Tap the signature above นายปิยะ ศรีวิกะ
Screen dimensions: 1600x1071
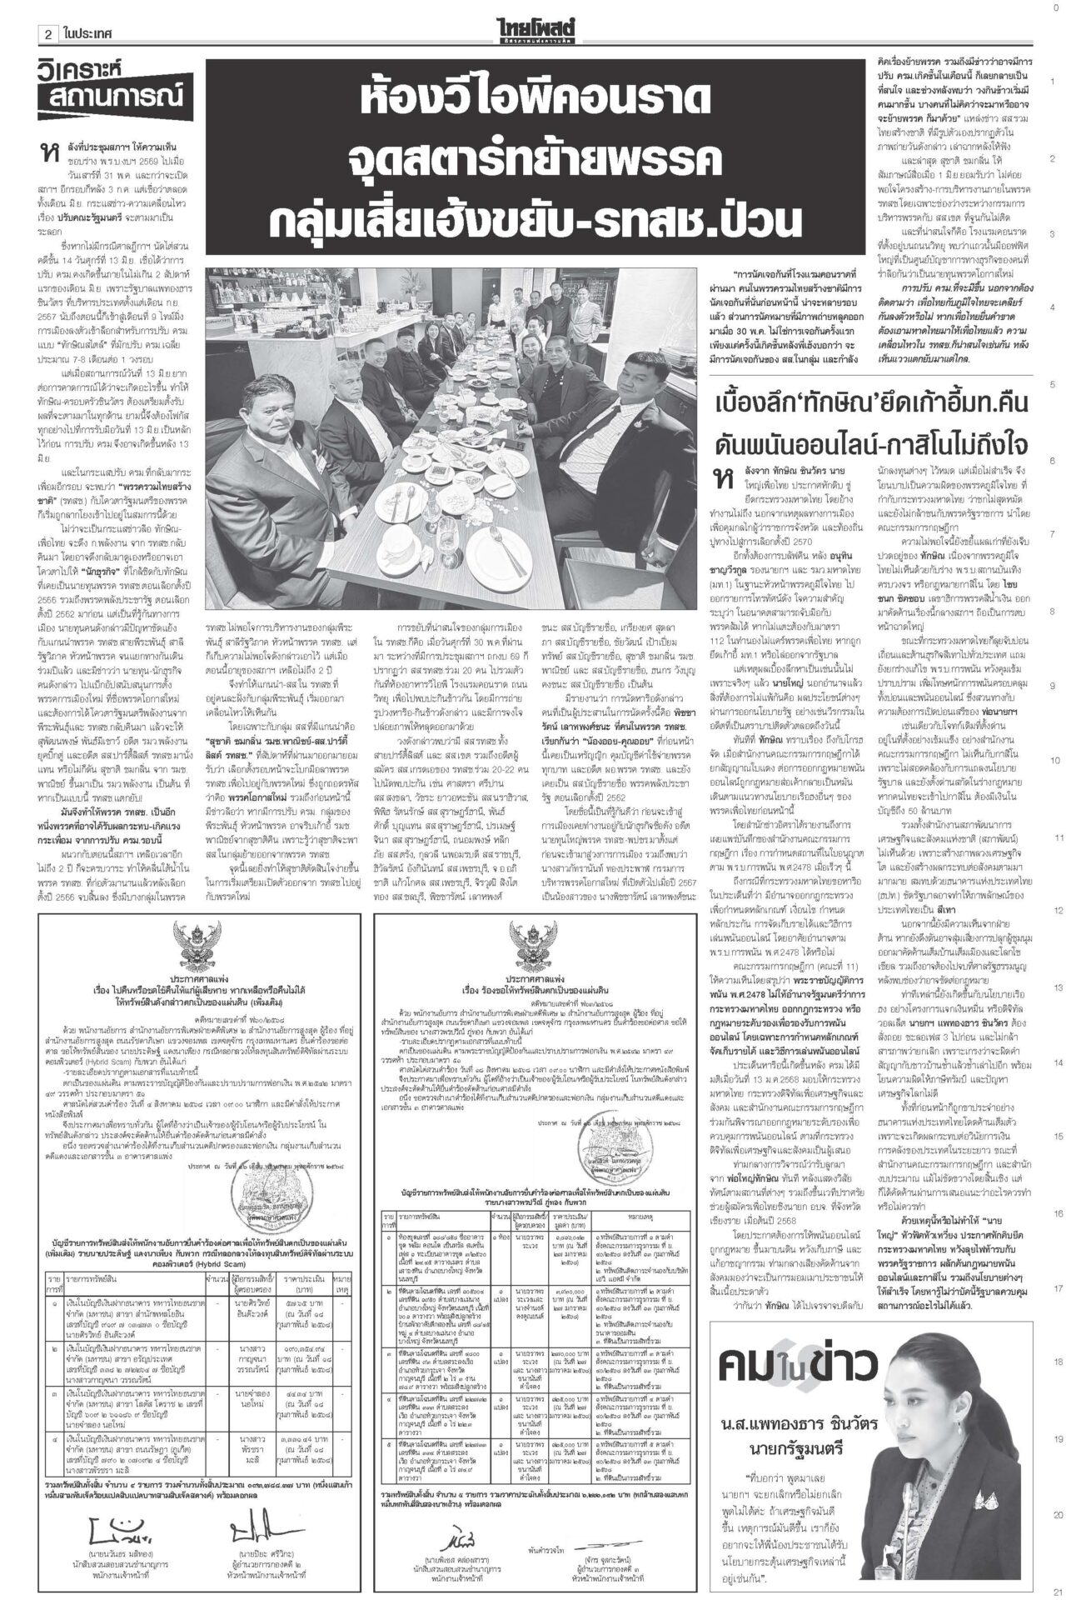[x=248, y=1523]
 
